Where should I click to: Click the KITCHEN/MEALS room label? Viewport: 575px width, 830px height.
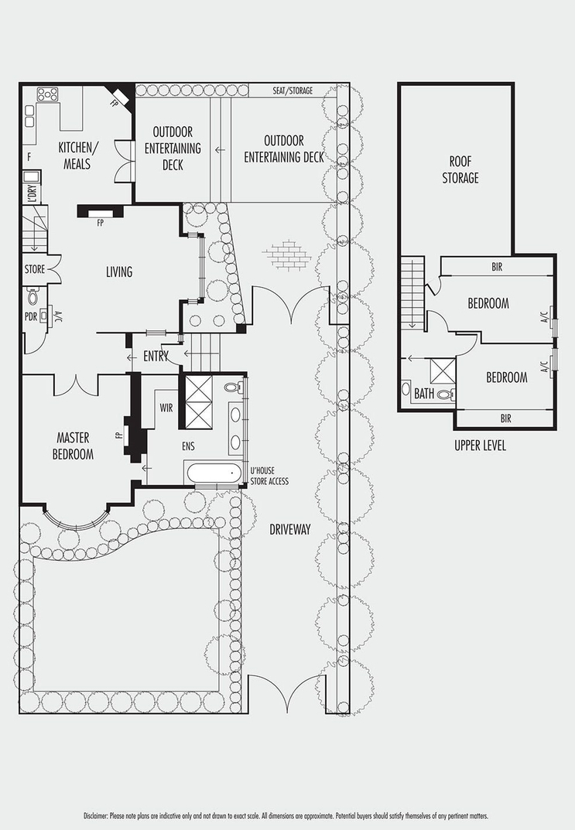77,155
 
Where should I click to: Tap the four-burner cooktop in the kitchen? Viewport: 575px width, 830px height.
47,94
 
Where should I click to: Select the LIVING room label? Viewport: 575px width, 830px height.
119,272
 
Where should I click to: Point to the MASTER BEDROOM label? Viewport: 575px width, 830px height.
73,446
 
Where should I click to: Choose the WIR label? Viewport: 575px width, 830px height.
166,408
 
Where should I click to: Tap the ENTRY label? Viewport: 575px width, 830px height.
156,357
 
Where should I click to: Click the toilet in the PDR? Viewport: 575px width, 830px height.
33,296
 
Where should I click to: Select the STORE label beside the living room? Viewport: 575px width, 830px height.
34,269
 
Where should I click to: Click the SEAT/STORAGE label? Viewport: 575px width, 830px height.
293,91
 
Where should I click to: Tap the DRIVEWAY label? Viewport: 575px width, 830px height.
289,529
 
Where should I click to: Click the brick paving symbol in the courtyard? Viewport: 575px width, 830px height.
286,255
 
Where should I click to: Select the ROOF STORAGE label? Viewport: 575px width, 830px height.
460,170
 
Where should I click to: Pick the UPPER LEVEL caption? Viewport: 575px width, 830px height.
481,446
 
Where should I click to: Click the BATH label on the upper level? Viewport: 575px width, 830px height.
424,394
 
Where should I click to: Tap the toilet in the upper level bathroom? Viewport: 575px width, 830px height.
445,395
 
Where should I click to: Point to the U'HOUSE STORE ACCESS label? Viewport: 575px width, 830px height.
269,476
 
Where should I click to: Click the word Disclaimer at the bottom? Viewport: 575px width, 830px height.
96,816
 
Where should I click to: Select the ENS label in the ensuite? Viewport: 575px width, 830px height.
188,447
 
